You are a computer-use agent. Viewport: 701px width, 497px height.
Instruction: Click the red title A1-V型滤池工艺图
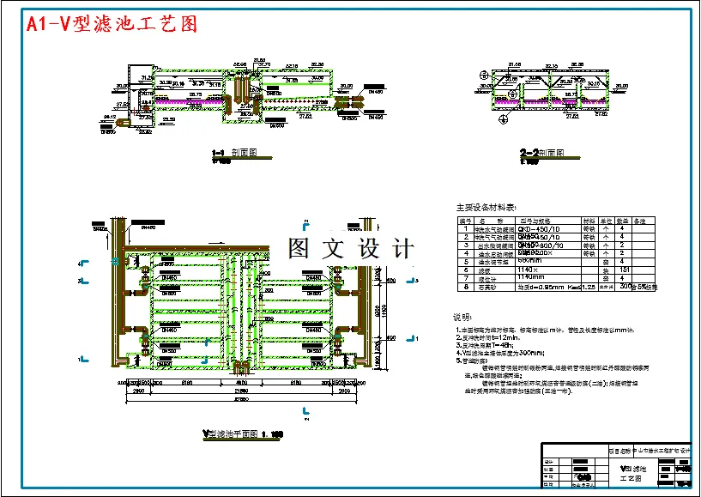112,24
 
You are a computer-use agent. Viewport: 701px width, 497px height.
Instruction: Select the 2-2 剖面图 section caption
541,154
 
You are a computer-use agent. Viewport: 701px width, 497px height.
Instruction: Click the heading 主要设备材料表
486,207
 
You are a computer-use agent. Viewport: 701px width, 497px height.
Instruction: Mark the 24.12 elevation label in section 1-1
110,115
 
